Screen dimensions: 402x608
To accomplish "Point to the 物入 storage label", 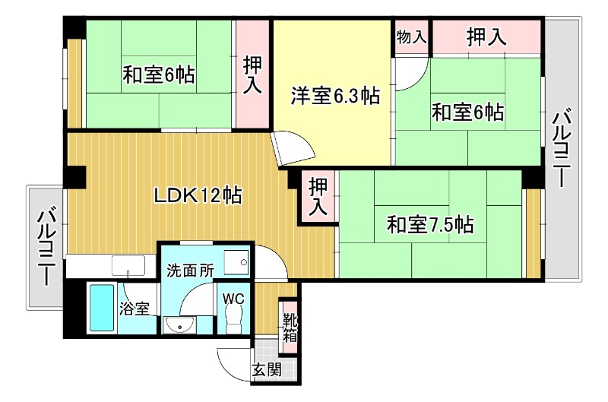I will coord(411,36).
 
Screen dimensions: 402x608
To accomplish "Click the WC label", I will coord(233,298).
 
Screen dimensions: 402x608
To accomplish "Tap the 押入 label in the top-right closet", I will coord(486,36).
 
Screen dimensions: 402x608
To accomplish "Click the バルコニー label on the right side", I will coord(562,149).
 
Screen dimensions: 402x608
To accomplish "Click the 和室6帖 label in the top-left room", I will coord(159,75).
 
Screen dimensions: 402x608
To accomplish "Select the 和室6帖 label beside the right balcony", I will coord(467,112).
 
